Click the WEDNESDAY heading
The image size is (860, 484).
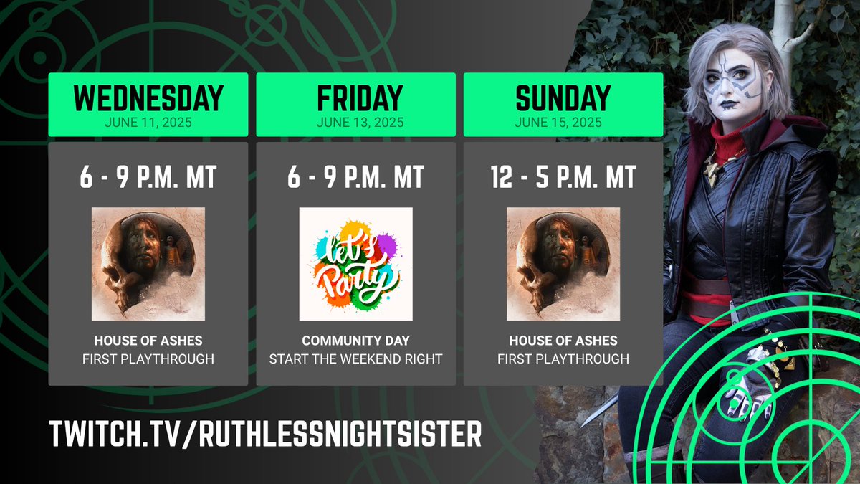coord(148,98)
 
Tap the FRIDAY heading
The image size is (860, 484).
coord(355,98)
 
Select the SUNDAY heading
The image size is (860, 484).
coord(563,98)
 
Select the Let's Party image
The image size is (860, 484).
coord(355,263)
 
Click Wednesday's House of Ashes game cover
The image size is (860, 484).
coord(148,263)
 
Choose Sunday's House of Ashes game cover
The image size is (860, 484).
coord(563,263)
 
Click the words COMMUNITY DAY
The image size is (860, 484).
coord(355,341)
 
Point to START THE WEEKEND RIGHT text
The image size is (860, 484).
coord(355,359)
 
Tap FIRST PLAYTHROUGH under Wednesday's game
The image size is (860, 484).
coord(148,359)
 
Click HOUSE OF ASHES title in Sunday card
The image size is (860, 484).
coord(563,341)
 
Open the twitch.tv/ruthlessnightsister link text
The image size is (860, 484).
coord(265,434)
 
